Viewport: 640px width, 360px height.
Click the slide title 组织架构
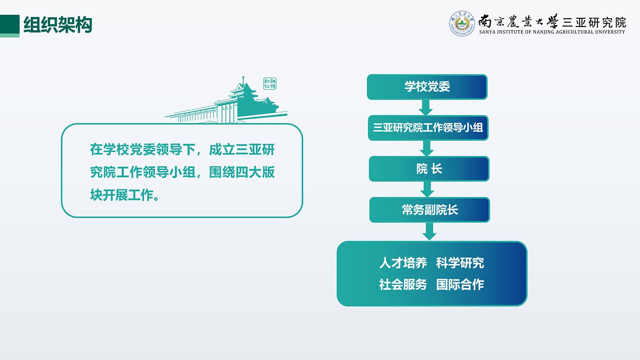(x=58, y=25)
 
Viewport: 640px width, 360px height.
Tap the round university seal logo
(x=462, y=24)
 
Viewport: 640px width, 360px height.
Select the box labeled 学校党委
(x=427, y=87)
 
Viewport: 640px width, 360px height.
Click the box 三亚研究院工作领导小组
(x=428, y=128)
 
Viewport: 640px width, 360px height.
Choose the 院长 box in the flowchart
(x=429, y=169)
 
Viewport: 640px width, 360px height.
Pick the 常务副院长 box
(x=430, y=210)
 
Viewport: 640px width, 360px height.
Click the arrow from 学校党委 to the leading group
(x=426, y=107)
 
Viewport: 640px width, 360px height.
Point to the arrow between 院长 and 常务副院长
(x=427, y=189)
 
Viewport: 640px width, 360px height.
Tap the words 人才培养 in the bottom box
(x=403, y=263)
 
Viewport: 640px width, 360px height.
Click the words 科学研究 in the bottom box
(x=460, y=263)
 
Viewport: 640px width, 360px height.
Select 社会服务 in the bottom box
(x=403, y=285)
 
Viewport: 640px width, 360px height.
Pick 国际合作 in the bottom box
(x=460, y=285)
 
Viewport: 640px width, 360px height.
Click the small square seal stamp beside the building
(x=270, y=84)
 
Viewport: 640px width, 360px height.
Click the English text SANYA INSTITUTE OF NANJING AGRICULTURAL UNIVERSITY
(x=552, y=32)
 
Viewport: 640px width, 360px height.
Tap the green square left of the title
(x=10, y=26)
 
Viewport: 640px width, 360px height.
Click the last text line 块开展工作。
(x=125, y=195)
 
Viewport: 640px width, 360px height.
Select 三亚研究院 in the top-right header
(x=594, y=22)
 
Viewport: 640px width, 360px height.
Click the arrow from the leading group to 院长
(x=427, y=148)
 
